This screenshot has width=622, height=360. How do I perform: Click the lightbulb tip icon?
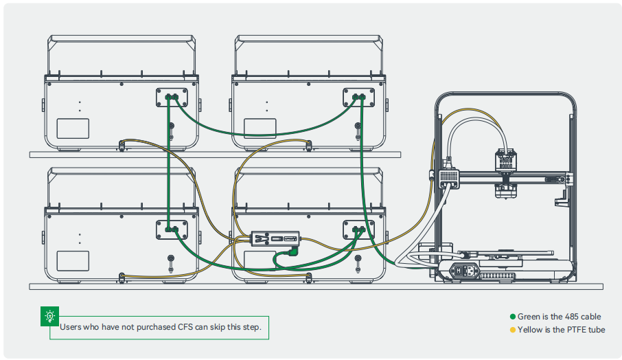[49, 317]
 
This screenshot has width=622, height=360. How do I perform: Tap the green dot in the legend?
[512, 317]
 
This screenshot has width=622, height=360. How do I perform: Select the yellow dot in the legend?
[512, 330]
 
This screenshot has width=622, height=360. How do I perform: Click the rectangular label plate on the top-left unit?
[73, 129]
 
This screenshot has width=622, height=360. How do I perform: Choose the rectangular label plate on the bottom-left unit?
[73, 261]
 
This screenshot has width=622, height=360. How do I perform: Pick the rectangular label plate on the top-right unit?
[260, 129]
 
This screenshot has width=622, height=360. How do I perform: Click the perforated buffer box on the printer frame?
[448, 175]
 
